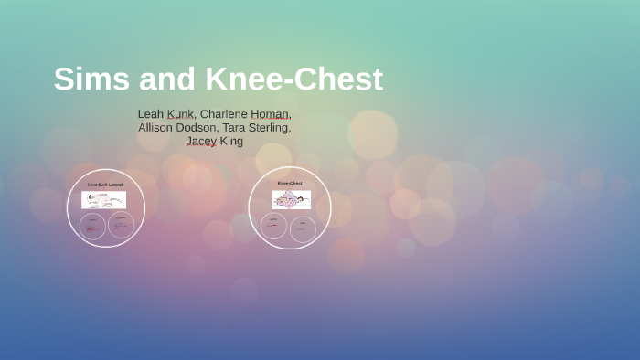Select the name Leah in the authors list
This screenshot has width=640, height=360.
tap(150, 113)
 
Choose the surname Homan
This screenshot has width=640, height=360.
tap(272, 113)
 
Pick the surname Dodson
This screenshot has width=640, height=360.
tap(209, 127)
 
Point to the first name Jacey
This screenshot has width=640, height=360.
tap(201, 141)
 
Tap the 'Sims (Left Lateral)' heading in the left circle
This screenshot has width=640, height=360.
tap(105, 185)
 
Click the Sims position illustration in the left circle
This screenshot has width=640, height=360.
tap(104, 199)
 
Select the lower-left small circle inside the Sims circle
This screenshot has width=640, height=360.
tap(92, 225)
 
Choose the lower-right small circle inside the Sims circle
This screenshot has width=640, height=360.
tap(120, 225)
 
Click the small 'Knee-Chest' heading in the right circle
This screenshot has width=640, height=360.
tap(290, 183)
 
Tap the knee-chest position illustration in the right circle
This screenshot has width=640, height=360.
tap(291, 198)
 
